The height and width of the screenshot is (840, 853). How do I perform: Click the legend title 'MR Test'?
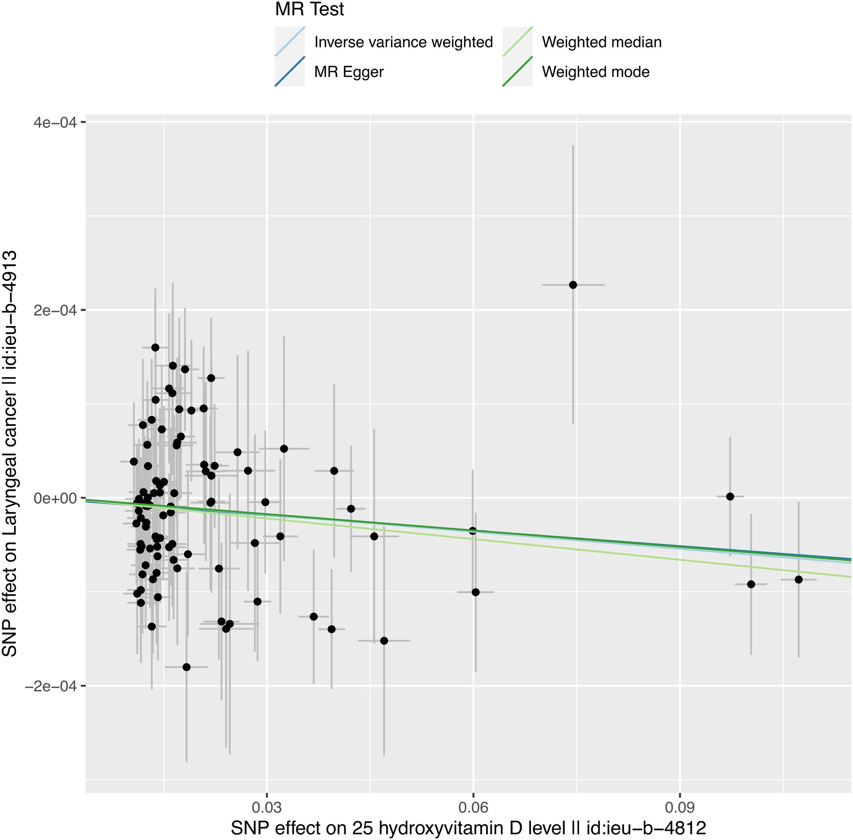click(x=309, y=10)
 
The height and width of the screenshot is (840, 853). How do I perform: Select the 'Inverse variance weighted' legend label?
click(x=404, y=42)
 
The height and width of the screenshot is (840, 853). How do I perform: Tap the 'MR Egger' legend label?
click(x=349, y=72)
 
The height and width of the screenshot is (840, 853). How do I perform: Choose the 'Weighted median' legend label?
click(x=602, y=42)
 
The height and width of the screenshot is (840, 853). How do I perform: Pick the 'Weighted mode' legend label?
click(x=596, y=72)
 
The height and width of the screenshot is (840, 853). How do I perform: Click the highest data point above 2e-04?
click(x=573, y=285)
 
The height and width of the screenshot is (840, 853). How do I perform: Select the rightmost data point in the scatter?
click(x=798, y=579)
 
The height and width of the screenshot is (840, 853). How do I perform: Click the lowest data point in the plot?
click(x=186, y=667)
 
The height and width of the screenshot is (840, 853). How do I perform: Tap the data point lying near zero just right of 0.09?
click(x=730, y=496)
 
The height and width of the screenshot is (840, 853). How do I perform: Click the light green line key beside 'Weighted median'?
click(x=517, y=42)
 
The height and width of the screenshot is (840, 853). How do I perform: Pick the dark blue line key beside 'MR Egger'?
click(x=290, y=72)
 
